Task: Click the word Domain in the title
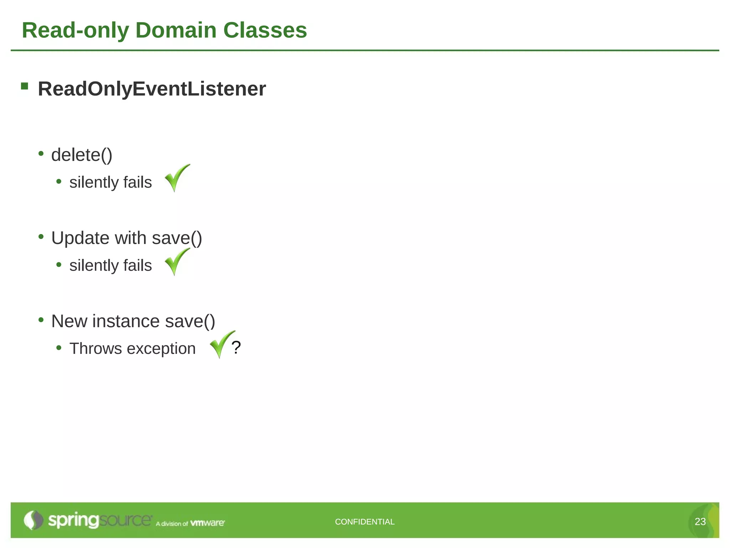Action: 176,30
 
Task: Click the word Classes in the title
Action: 265,30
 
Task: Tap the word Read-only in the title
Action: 75,30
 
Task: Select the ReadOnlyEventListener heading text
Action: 152,89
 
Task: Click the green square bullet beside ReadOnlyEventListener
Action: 25,86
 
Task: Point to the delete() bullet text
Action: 82,155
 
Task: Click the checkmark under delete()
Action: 177,178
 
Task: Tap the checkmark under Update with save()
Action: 177,261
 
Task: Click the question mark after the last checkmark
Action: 236,347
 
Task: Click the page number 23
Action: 700,522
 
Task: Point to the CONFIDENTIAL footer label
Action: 365,522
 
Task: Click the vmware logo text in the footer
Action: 207,523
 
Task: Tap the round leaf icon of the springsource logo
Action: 33,520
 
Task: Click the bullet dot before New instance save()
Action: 41,320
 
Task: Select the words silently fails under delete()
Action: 110,182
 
